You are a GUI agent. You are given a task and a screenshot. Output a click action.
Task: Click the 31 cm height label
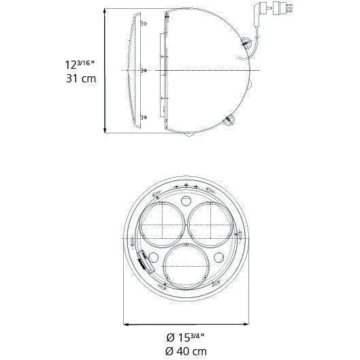point(79,78)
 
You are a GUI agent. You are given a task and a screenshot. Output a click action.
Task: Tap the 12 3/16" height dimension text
point(79,64)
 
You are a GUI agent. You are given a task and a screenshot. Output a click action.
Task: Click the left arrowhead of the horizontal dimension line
point(125,324)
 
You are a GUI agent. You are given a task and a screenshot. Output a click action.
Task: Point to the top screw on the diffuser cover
point(144,22)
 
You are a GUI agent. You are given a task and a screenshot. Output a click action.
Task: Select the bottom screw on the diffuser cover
point(143,118)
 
